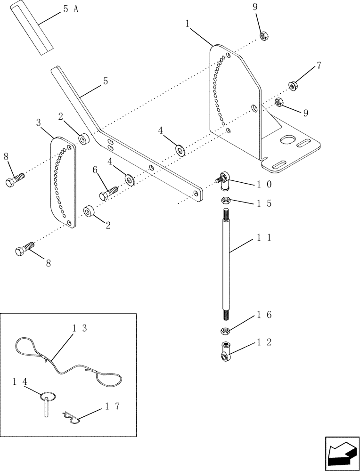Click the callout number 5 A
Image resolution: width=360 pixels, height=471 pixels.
69,10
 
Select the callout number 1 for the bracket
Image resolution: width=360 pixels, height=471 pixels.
188,22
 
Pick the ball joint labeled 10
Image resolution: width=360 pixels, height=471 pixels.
223,179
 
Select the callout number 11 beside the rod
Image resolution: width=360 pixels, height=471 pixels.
264,238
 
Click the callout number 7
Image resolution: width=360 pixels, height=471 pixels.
319,65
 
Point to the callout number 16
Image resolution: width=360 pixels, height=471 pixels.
264,314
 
